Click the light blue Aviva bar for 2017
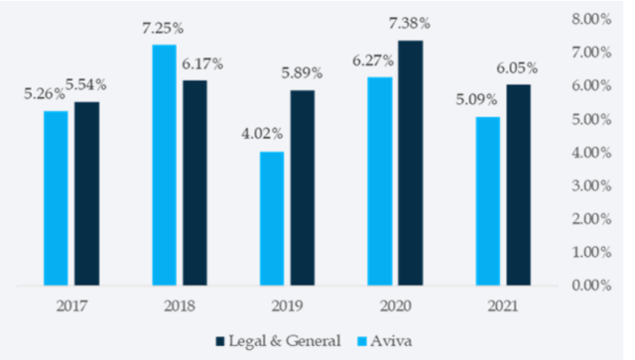click(57, 198)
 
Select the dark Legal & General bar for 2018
click(195, 182)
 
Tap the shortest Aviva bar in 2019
click(272, 218)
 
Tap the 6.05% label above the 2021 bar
click(518, 68)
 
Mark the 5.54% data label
click(86, 86)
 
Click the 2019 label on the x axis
click(285, 306)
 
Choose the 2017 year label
click(70, 306)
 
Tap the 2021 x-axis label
click(501, 306)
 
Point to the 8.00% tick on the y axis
click(592, 19)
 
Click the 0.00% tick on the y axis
click(592, 286)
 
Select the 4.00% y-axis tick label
click(592, 153)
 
